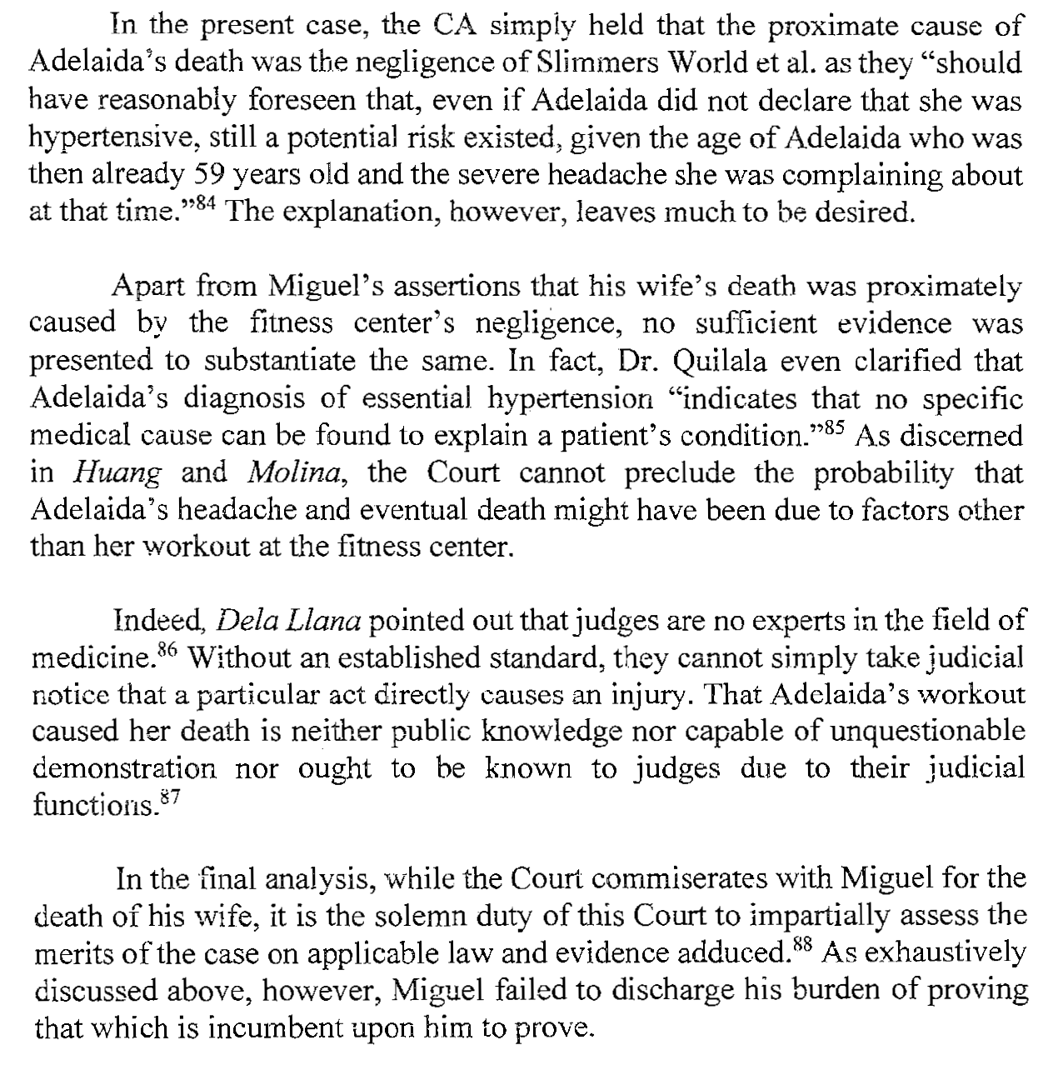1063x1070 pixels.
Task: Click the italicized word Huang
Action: (x=117, y=473)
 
